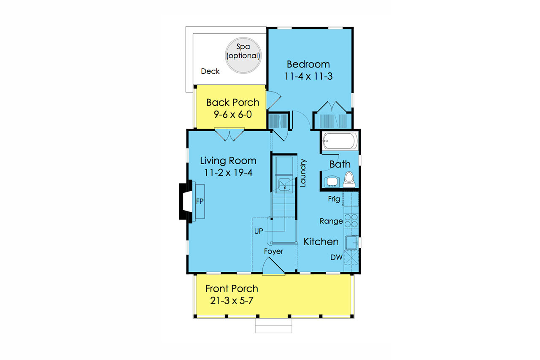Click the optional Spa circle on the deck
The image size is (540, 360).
pyautogui.click(x=243, y=56)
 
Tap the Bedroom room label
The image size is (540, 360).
pyautogui.click(x=308, y=65)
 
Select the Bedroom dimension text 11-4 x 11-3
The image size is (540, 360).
pyautogui.click(x=308, y=77)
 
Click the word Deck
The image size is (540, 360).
pyautogui.click(x=210, y=72)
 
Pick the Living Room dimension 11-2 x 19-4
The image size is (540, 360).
pyautogui.click(x=228, y=172)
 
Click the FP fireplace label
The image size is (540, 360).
pyautogui.click(x=200, y=202)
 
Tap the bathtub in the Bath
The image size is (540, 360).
pyautogui.click(x=340, y=141)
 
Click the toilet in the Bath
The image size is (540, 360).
pyautogui.click(x=349, y=179)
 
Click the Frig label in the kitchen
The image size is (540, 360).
pyautogui.click(x=334, y=199)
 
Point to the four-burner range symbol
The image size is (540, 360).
pyautogui.click(x=351, y=221)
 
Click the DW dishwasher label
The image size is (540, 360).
pyautogui.click(x=336, y=257)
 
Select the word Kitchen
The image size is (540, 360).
pyautogui.click(x=321, y=242)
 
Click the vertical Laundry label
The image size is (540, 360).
pyautogui.click(x=302, y=173)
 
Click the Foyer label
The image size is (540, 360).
pyautogui.click(x=274, y=252)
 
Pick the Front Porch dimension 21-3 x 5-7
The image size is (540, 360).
pyautogui.click(x=232, y=301)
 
